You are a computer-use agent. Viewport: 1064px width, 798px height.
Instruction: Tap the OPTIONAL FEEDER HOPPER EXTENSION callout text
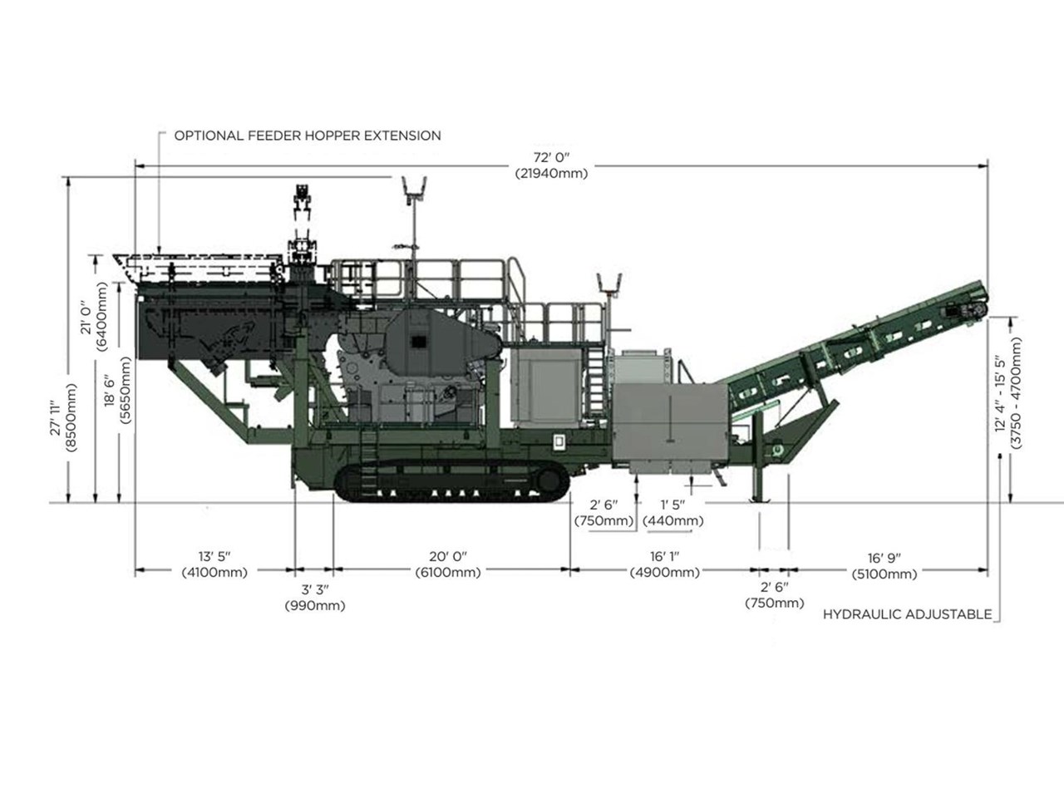click(308, 135)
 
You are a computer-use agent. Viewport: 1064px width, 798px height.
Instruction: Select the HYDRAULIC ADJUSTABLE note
click(908, 614)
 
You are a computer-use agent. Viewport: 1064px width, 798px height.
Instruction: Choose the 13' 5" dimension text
click(214, 556)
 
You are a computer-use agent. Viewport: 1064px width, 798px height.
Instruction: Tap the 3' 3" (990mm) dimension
click(315, 598)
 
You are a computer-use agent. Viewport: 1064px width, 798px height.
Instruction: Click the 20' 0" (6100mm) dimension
click(448, 564)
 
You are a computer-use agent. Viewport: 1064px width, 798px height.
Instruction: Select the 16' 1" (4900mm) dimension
click(665, 564)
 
